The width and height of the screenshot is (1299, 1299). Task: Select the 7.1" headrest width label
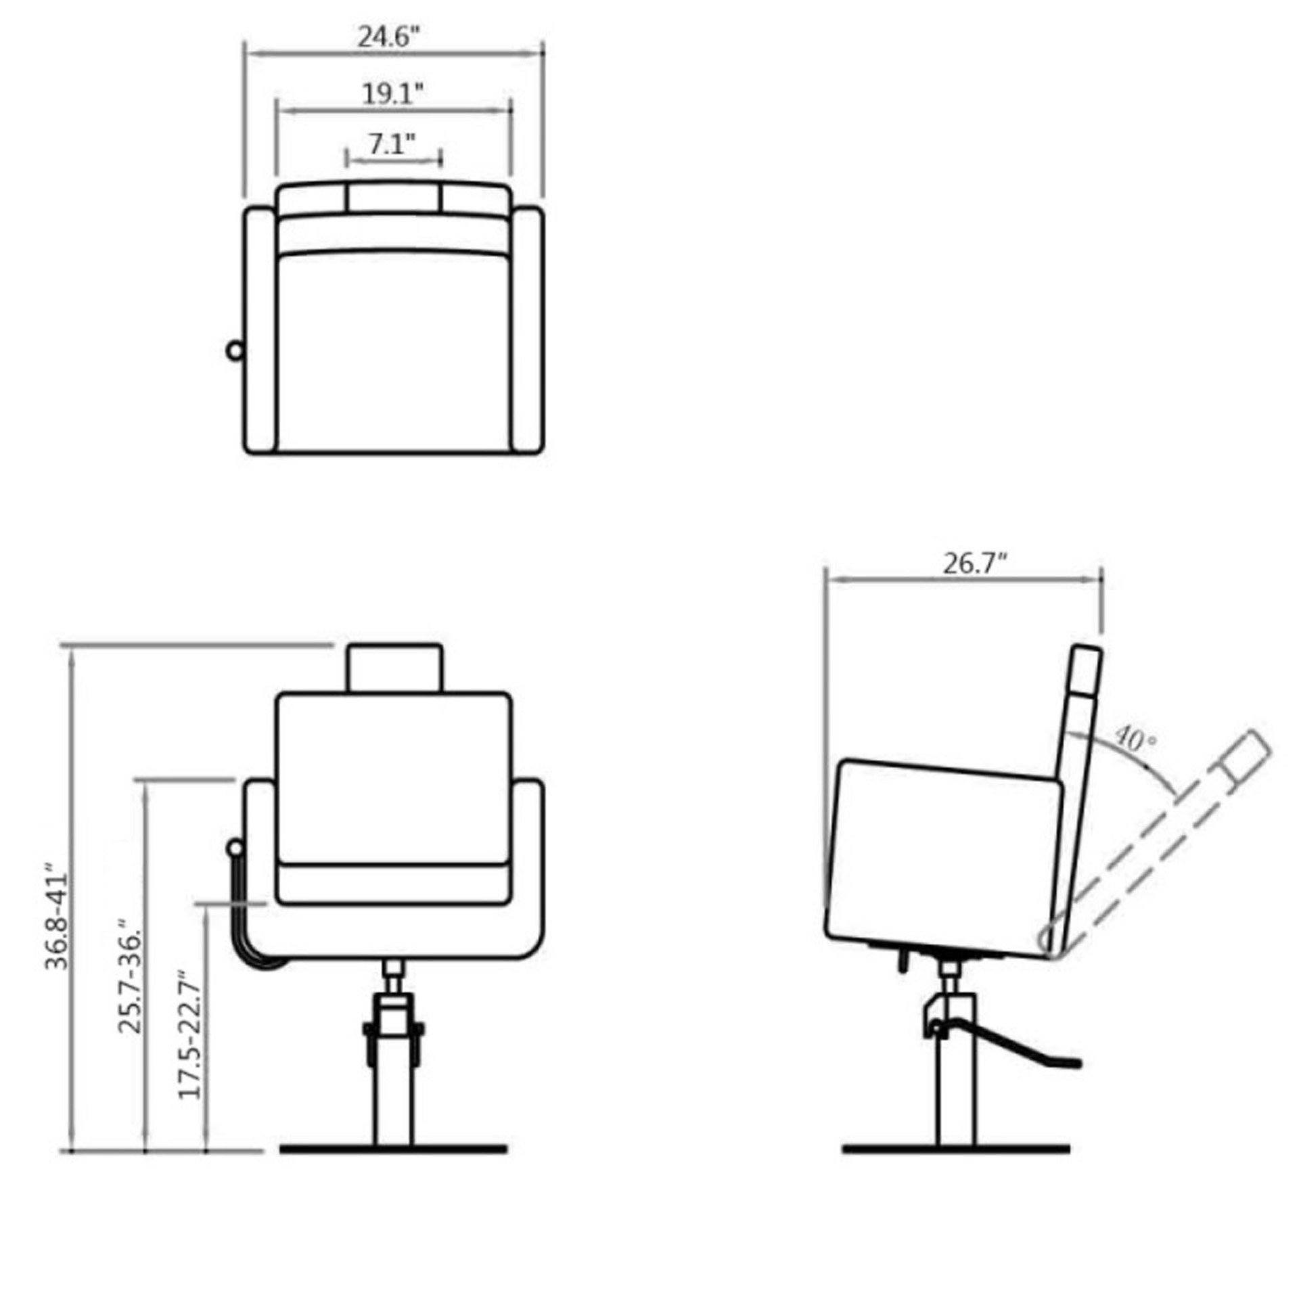click(392, 144)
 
